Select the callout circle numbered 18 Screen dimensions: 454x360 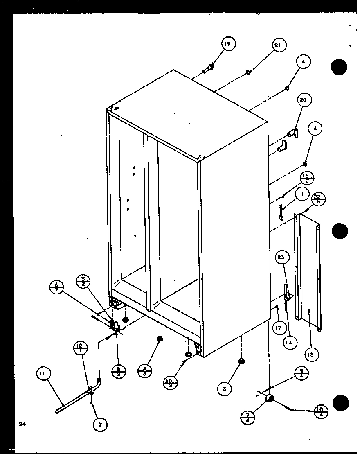pyautogui.click(x=311, y=355)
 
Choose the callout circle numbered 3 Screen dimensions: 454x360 pyautogui.click(x=224, y=389)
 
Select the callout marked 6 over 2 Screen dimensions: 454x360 pyautogui.click(x=57, y=286)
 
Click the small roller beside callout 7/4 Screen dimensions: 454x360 pyautogui.click(x=270, y=399)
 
